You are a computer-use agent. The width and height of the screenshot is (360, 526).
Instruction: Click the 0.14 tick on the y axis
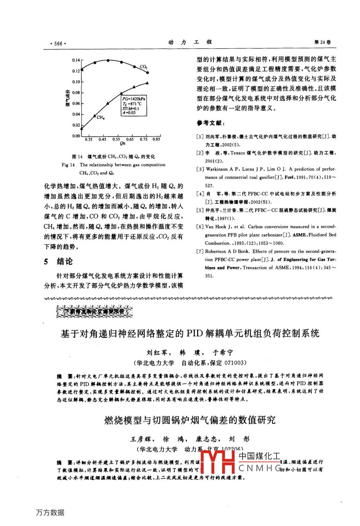[76, 60]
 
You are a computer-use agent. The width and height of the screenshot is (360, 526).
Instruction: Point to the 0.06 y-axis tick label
[76, 104]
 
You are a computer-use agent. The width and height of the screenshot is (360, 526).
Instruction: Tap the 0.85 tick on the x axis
[156, 139]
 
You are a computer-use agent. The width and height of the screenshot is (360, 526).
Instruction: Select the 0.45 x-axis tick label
[102, 139]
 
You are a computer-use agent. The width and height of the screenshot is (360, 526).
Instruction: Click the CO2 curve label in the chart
[143, 67]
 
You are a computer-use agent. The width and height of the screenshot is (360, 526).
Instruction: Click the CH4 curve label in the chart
[100, 117]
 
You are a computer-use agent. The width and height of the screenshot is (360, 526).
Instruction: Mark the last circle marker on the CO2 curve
[147, 72]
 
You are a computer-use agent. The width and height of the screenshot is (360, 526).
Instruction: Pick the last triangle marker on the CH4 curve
[147, 83]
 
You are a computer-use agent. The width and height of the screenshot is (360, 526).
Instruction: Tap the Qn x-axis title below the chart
[122, 144]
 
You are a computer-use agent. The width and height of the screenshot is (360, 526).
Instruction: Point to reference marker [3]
[200, 169]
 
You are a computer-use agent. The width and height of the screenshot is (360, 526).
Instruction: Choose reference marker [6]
[200, 227]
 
